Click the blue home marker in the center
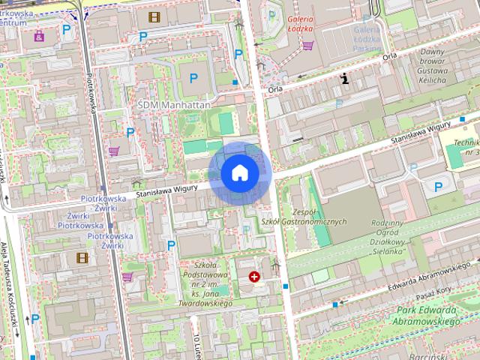point(240,172)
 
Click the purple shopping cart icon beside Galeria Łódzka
point(307,46)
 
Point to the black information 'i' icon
point(344,77)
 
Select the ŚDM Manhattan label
point(173,106)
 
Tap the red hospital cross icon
point(255,277)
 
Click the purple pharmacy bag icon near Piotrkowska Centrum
point(38,35)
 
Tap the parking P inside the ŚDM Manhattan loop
point(194,77)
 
